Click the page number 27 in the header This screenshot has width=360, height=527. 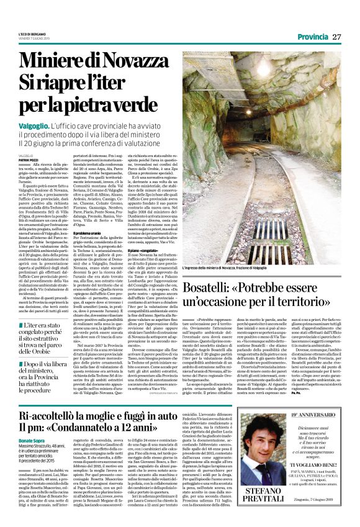tap(337, 37)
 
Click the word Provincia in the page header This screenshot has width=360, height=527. tap(312, 37)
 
